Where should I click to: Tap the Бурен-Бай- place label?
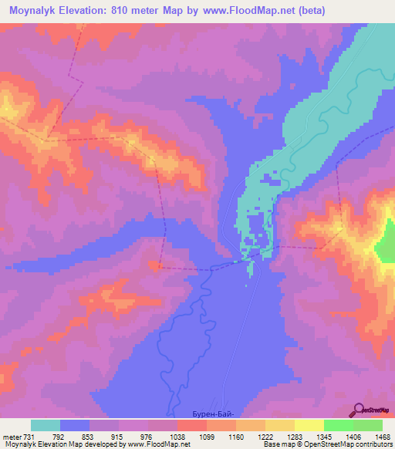[211, 414]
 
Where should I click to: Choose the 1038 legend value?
[177, 437]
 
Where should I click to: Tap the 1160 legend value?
[236, 437]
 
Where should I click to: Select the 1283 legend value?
[295, 437]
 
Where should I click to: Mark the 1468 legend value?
[383, 437]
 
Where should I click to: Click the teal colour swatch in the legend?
[46, 425]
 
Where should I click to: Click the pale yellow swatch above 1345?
[309, 425]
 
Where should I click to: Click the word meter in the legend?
[10, 437]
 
